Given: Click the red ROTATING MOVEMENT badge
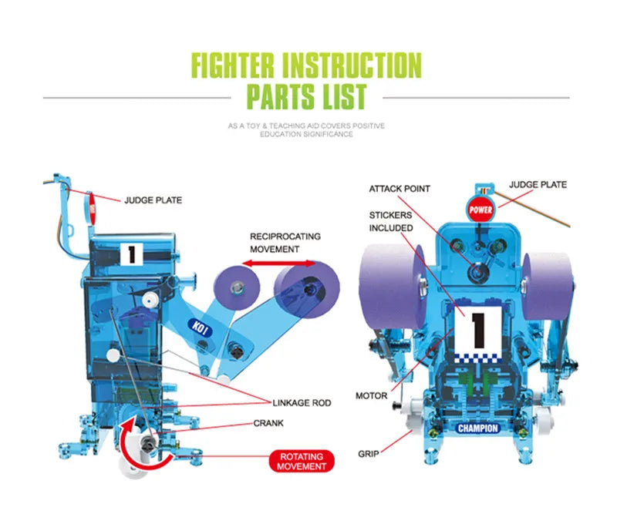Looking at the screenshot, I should click(x=302, y=461).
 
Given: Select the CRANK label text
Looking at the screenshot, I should click(x=268, y=423).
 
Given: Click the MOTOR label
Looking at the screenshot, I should click(x=371, y=395).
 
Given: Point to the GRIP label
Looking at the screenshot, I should click(x=368, y=454).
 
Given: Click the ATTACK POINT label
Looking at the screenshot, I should click(x=400, y=189).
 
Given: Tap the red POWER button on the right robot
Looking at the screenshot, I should click(x=479, y=209).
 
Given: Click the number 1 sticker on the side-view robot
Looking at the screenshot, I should click(x=131, y=254).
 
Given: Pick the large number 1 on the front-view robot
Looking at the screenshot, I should click(x=477, y=327).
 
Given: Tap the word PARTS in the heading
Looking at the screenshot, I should click(x=278, y=98).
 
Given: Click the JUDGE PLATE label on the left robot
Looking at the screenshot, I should click(x=153, y=200).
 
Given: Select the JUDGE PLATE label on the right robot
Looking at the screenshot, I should click(x=538, y=185).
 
